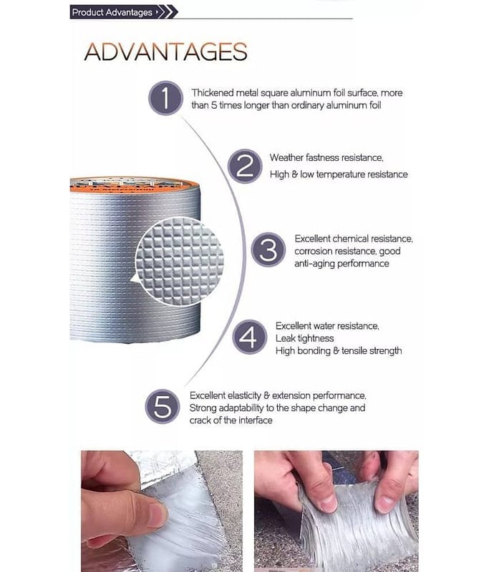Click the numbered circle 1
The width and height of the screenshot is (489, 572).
coord(165,98)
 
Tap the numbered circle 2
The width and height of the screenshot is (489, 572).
coord(245,166)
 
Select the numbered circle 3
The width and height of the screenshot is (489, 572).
coord(268,250)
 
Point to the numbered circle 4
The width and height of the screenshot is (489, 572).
coord(249,337)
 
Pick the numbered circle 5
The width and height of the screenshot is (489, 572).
coord(162,406)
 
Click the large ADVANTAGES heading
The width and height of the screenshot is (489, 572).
coord(166,51)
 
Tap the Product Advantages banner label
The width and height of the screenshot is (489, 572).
coord(112,12)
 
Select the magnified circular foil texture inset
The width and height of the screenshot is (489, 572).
coord(179,261)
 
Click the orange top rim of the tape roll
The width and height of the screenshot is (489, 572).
coord(134,185)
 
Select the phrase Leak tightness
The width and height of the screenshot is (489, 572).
coord(304,338)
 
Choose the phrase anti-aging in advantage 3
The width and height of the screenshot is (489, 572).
coord(314,264)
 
